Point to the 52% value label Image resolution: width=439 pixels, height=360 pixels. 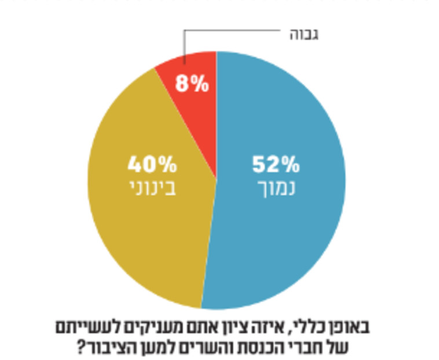click(276, 165)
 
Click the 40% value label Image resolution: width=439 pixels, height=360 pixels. click(152, 165)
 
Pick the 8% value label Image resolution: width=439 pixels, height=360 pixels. click(192, 85)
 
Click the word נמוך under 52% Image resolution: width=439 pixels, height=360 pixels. click(276, 189)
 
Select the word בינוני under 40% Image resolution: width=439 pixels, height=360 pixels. click(152, 189)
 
